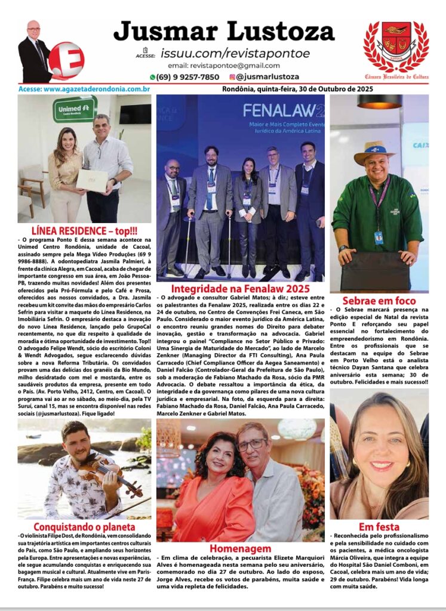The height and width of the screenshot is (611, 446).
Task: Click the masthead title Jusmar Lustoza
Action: pyautogui.click(x=224, y=30)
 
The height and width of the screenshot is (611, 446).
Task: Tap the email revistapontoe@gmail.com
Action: pyautogui.click(x=224, y=66)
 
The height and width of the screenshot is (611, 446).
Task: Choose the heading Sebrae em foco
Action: pyautogui.click(x=379, y=301)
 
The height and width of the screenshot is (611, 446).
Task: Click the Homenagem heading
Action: pyautogui.click(x=241, y=548)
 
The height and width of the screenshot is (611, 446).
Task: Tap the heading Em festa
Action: pyautogui.click(x=379, y=527)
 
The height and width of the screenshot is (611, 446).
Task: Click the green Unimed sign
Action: pyautogui.click(x=75, y=109)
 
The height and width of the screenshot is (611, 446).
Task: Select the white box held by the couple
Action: pyautogui.click(x=93, y=181)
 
